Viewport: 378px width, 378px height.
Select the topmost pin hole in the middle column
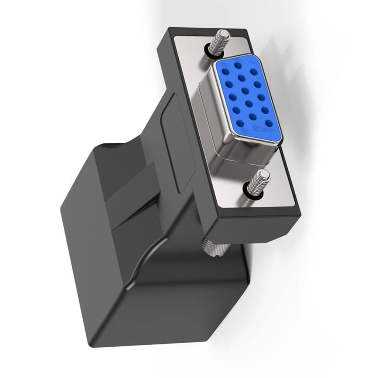point(238,66)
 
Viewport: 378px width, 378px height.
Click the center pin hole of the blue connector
point(245,90)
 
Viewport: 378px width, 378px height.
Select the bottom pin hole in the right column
point(269,124)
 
